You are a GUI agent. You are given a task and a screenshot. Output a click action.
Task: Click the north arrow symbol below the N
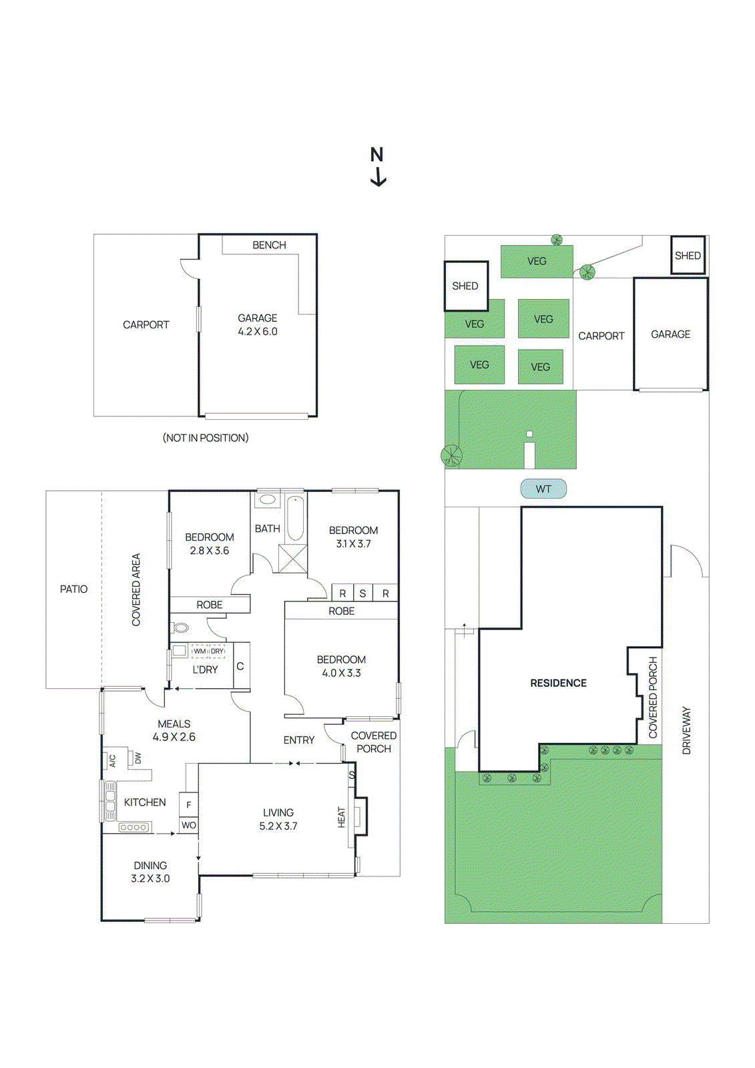tap(379, 176)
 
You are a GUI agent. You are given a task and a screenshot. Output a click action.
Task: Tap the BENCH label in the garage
tap(269, 245)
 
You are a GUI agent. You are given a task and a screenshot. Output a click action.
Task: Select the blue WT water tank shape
tap(543, 489)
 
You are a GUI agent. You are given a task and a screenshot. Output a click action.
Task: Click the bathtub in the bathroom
tap(295, 519)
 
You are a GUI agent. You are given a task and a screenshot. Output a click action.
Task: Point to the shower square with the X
tap(292, 558)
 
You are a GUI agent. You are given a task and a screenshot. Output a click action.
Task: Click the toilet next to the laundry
tap(180, 627)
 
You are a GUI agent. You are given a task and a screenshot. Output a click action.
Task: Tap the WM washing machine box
tap(200, 651)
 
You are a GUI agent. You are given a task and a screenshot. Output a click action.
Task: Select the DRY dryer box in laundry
tap(217, 651)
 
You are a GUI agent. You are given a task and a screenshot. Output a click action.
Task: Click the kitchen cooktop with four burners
tap(135, 827)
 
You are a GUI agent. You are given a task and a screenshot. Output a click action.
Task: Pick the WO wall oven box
tap(189, 825)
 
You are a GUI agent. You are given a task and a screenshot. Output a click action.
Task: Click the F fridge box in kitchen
tap(189, 805)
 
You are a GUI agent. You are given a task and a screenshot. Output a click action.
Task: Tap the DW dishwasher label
tap(138, 757)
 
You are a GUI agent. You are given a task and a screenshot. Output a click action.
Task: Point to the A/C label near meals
tap(113, 760)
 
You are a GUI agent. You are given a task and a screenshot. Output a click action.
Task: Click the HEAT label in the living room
tap(342, 817)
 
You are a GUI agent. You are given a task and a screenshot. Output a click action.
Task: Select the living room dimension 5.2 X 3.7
tap(278, 826)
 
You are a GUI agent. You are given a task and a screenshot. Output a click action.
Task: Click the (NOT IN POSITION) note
tap(206, 438)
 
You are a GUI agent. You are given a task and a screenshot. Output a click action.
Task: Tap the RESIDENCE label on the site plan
tap(559, 683)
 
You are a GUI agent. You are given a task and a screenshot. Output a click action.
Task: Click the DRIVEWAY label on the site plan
tap(686, 730)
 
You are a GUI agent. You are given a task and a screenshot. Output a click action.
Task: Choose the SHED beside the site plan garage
tap(688, 256)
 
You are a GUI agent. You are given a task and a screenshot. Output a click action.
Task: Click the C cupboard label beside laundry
tap(240, 666)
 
